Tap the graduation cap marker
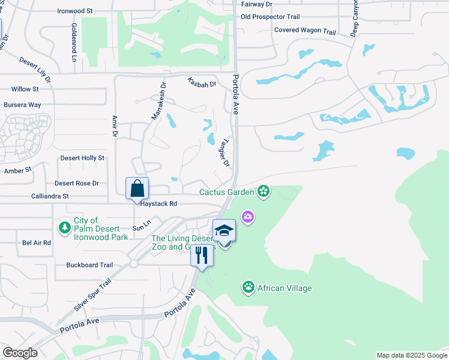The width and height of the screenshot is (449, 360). [x=224, y=230]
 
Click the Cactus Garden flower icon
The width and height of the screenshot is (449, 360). [x=263, y=192]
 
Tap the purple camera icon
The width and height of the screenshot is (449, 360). [x=247, y=216]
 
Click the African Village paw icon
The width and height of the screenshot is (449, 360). [x=249, y=288]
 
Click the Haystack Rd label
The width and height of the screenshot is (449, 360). [x=158, y=204]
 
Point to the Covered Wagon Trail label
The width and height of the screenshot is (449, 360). [x=305, y=31]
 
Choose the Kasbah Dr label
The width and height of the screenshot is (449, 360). [x=201, y=82]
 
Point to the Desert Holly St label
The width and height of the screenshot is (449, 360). [x=82, y=158]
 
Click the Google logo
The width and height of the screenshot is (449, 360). [x=20, y=353]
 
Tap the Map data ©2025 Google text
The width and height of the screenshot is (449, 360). [x=411, y=355]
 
